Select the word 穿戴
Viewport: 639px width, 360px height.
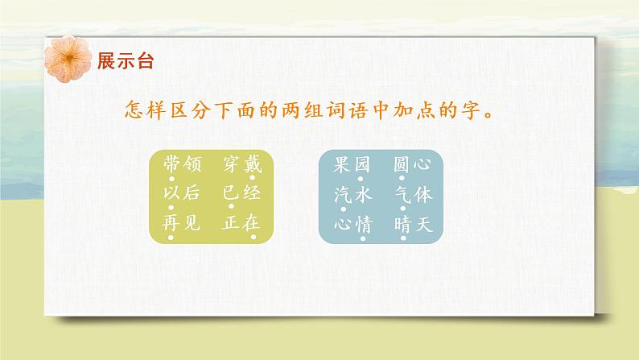click(242, 165)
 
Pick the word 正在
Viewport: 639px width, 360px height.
click(242, 224)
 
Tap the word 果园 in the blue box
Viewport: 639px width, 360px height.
click(352, 165)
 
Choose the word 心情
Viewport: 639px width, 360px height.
click(352, 224)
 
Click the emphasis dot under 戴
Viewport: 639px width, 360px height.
click(253, 180)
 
